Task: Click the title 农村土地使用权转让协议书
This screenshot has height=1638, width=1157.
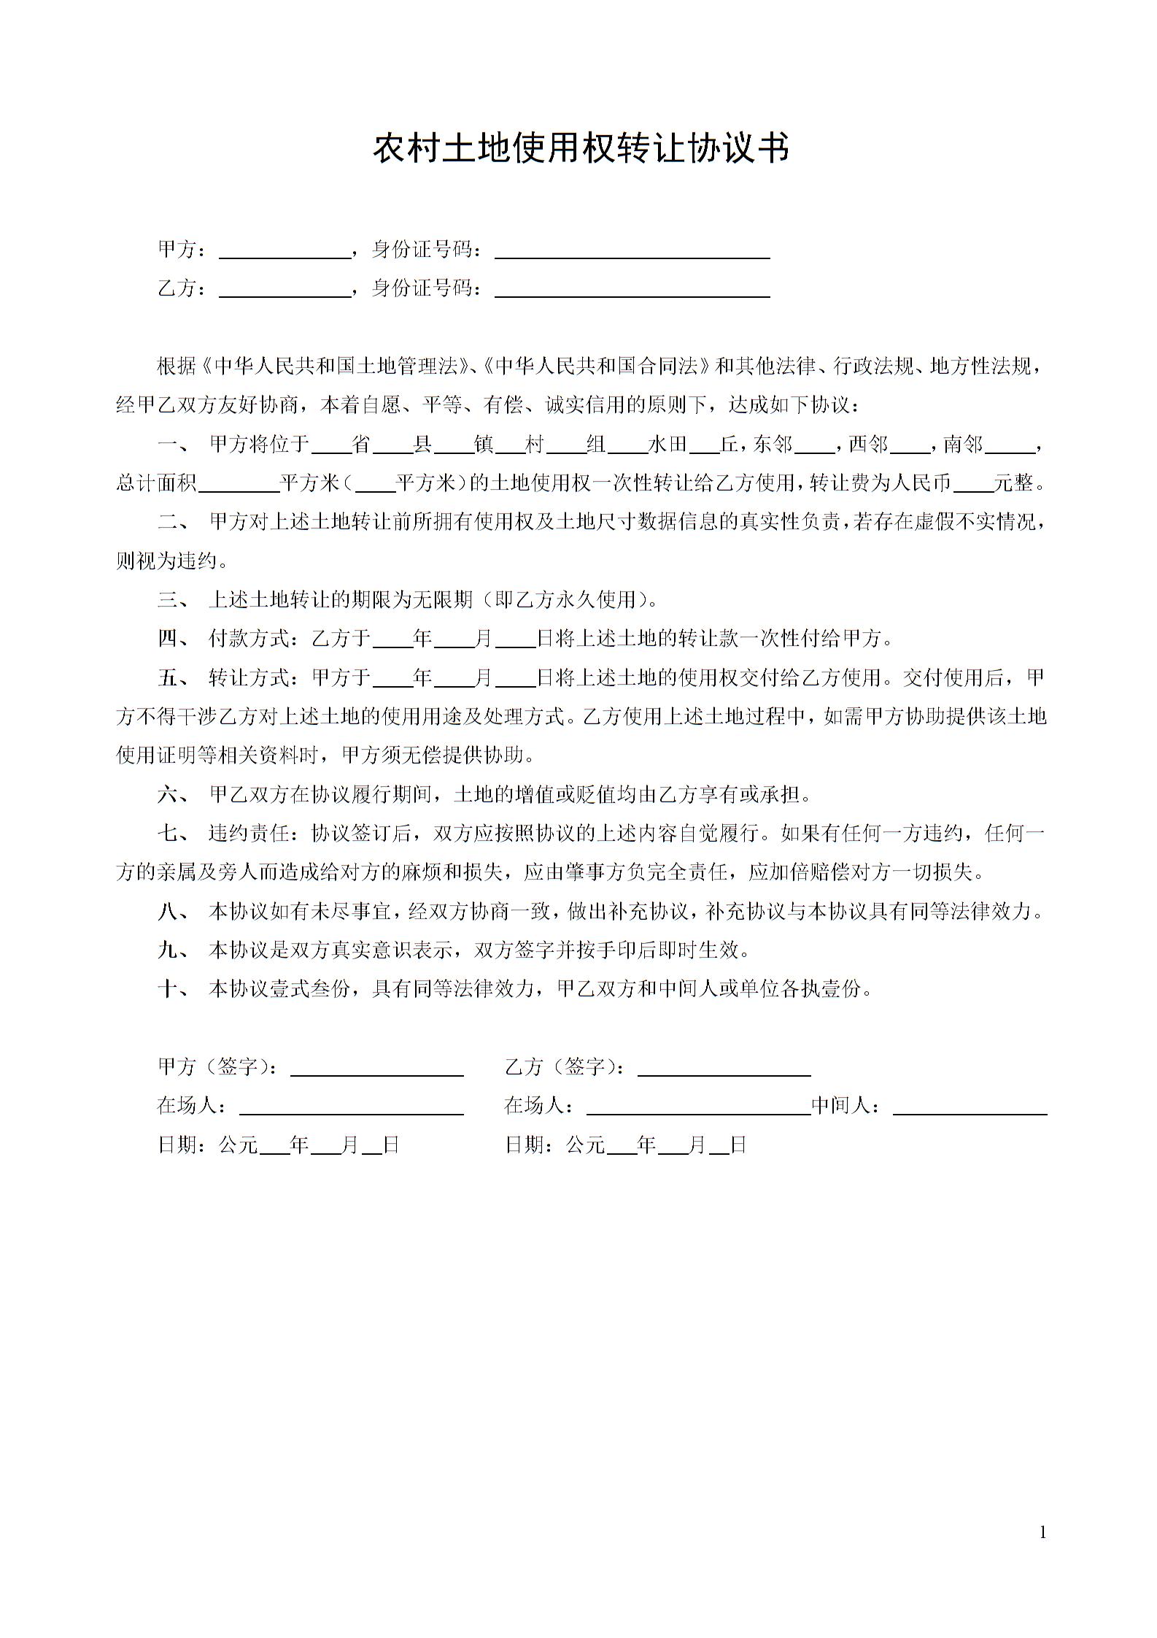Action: click(581, 149)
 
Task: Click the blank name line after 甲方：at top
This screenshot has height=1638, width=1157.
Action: click(285, 250)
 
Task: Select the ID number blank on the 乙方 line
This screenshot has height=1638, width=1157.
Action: click(632, 289)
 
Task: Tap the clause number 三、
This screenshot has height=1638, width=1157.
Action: click(173, 600)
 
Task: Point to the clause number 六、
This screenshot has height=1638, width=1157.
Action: click(173, 794)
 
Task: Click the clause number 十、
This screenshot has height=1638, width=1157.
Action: click(173, 989)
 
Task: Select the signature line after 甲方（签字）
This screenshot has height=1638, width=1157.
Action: click(376, 1068)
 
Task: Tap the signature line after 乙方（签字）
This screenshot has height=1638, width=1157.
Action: click(724, 1068)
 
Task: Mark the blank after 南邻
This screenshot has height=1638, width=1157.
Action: click(1014, 445)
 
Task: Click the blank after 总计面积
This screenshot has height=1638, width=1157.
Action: click(239, 484)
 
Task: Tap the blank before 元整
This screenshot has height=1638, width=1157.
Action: click(973, 484)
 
